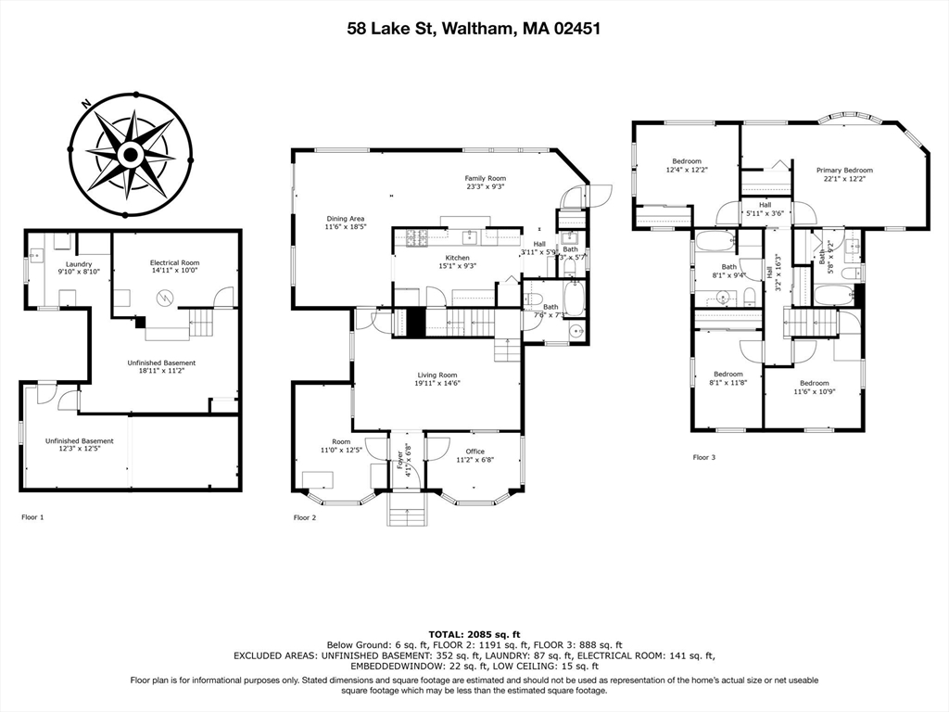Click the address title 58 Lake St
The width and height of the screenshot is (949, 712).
click(x=474, y=29)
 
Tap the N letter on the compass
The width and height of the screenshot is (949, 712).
click(x=86, y=104)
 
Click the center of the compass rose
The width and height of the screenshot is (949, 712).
click(x=131, y=154)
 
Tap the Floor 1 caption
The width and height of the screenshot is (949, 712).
click(x=32, y=517)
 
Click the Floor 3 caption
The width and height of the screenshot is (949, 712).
click(x=704, y=457)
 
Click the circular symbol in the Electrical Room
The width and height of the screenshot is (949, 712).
click(x=165, y=299)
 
